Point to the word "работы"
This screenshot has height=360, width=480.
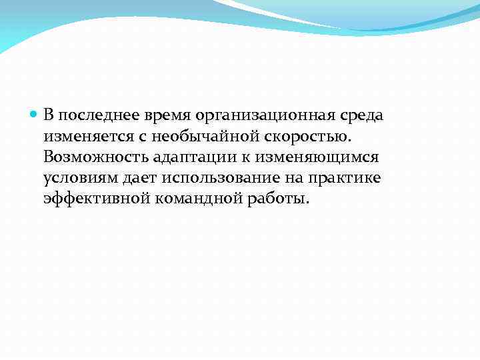pyautogui.click(x=283, y=199)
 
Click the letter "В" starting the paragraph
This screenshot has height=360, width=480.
pyautogui.click(x=49, y=115)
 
